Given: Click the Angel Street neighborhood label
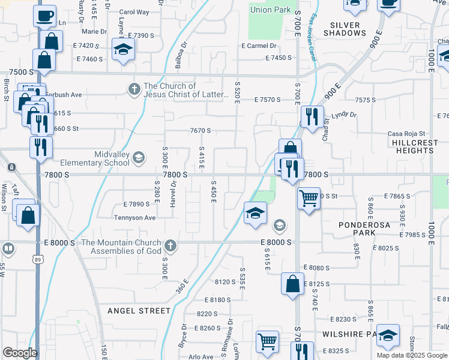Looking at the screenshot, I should (139, 310).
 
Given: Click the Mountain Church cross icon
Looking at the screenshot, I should (170, 245).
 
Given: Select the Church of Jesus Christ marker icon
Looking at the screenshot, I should (133, 89).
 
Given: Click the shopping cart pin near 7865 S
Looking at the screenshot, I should (309, 197).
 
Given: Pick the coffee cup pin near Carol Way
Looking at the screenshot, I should (45, 16).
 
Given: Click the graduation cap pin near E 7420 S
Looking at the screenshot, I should (123, 48).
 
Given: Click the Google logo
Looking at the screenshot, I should (19, 352).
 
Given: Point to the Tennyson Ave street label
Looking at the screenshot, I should (134, 217).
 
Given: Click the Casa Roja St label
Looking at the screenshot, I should (406, 133).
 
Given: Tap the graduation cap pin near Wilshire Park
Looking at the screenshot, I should (388, 336).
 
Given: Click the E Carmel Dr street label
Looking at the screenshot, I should (259, 46).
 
